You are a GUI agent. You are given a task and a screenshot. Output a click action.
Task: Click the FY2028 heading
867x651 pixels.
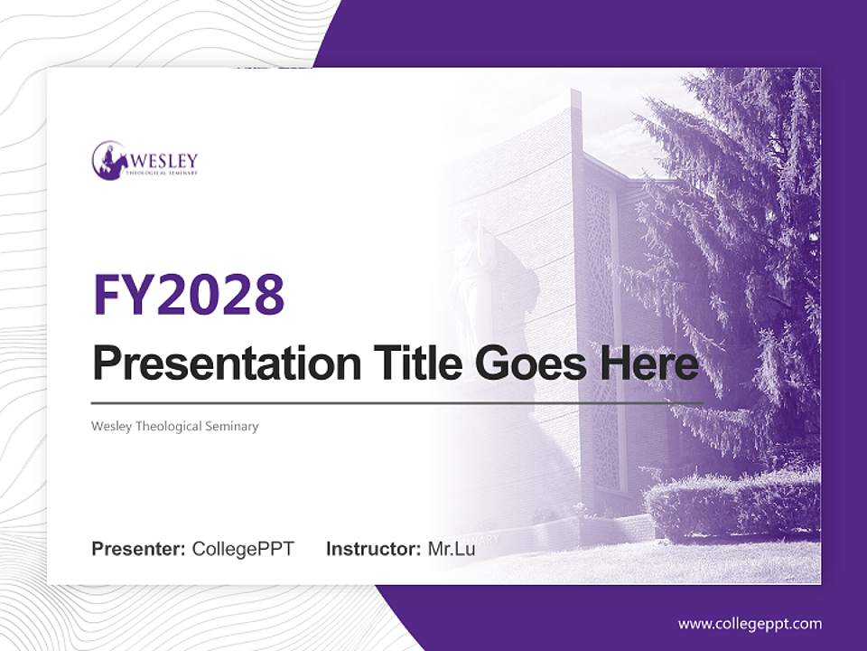tap(189, 294)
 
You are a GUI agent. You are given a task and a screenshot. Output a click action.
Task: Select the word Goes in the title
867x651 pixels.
tap(528, 363)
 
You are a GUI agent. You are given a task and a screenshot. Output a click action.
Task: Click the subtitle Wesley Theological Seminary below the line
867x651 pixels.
tap(175, 426)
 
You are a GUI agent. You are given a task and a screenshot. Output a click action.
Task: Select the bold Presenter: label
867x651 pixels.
tap(139, 549)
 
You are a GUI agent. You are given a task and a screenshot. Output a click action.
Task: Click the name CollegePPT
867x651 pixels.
tap(243, 549)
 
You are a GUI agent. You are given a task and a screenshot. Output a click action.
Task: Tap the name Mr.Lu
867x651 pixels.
tap(452, 549)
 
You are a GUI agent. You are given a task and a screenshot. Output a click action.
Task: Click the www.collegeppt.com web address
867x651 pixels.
tap(750, 623)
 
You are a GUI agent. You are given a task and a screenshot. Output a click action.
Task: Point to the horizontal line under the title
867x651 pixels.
tap(397, 402)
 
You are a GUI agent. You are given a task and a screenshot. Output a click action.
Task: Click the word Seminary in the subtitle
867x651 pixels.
tap(232, 426)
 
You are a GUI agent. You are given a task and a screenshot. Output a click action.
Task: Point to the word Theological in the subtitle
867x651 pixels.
tap(169, 426)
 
